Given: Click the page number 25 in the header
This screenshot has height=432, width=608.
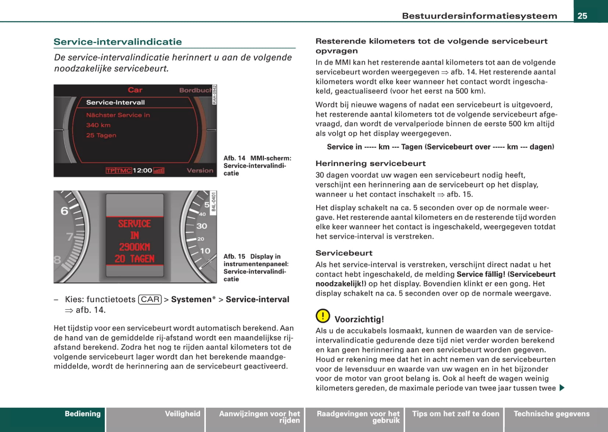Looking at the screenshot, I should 582,16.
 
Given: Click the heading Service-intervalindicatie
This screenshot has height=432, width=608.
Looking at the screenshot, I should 118,42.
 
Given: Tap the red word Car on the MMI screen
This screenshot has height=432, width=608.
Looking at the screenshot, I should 135,90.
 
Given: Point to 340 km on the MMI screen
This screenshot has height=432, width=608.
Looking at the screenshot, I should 98,125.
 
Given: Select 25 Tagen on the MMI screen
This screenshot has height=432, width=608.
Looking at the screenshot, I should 101,135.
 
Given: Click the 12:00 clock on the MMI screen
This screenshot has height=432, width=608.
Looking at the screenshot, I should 142,170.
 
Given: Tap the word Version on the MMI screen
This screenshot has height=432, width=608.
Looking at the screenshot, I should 200,170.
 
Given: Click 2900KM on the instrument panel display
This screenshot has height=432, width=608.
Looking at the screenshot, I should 135,247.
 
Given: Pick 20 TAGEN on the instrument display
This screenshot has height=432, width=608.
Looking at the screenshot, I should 135,259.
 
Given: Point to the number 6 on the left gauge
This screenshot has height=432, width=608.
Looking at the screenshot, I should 65,211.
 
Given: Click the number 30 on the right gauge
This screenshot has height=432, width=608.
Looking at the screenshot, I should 201,226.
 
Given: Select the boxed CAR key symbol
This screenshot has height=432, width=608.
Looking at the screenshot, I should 150,300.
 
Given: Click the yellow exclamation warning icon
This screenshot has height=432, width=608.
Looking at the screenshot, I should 322,316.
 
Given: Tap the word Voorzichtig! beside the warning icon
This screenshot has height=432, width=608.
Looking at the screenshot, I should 359,319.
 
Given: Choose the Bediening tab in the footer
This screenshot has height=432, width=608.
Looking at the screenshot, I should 82,414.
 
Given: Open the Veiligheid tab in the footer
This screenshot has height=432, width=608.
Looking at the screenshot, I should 182,414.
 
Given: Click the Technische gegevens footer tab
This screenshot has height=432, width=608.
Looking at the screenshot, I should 551,414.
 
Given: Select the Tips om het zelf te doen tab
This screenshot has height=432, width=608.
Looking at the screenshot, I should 455,414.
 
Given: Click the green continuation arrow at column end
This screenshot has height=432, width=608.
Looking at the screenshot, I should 561,388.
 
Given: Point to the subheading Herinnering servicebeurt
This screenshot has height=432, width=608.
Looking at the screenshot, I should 371,163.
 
